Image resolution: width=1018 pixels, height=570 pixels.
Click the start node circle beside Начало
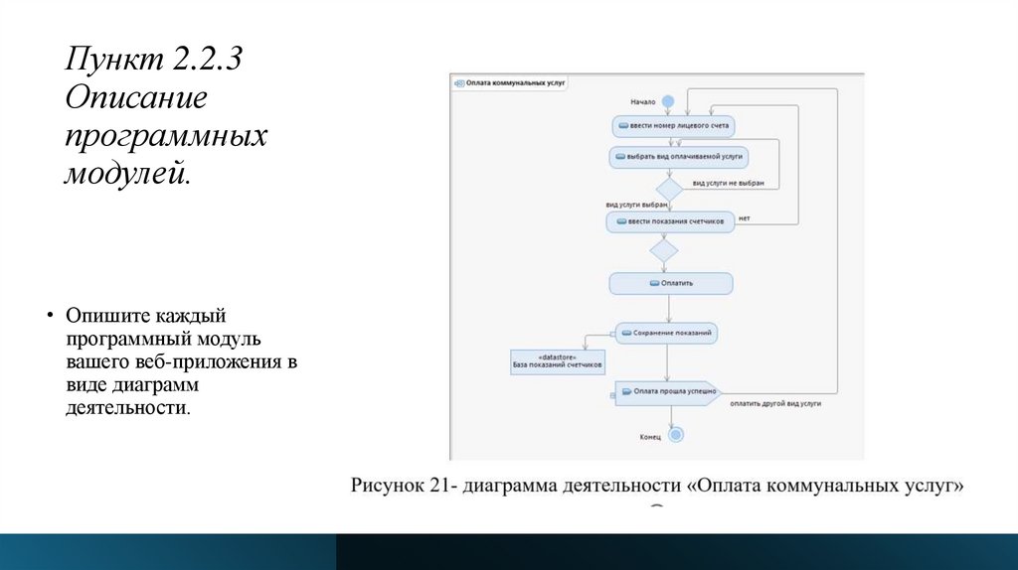668,101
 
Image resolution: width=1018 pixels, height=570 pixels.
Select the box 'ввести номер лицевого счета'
671,126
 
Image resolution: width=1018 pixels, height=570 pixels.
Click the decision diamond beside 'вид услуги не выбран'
668,187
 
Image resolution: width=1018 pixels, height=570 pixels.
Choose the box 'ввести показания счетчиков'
670,220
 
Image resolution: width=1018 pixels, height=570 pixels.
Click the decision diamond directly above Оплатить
663,250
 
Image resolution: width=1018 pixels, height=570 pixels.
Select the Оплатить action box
671,283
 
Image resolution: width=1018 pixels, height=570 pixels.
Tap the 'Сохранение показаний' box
666,332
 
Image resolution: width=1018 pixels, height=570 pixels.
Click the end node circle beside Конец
676,434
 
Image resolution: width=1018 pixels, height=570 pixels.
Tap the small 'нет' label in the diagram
744,217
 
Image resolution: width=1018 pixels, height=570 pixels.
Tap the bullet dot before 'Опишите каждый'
49,316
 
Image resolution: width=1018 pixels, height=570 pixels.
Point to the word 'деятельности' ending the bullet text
127,408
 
